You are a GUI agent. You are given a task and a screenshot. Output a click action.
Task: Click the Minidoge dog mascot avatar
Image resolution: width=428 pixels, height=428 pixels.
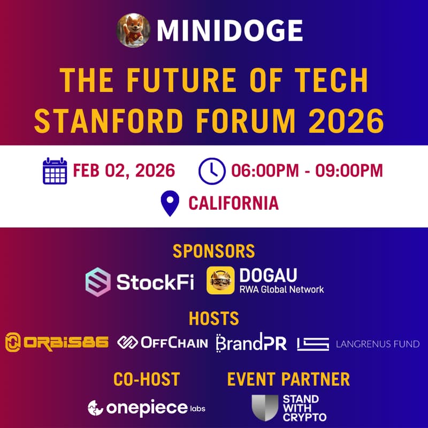click(134, 30)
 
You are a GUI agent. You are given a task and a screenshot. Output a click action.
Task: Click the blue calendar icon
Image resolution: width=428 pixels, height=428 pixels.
click(55, 171)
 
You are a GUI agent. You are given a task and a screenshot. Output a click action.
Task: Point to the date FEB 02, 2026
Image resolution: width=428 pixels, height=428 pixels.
click(124, 171)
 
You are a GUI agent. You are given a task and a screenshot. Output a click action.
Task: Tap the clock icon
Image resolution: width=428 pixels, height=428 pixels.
click(212, 171)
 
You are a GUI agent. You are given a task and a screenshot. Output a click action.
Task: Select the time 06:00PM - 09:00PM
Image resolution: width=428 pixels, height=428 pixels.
click(307, 171)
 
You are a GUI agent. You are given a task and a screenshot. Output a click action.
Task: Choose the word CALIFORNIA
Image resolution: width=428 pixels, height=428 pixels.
click(233, 204)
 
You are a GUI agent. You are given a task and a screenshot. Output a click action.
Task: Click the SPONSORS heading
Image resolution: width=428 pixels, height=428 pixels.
click(213, 251)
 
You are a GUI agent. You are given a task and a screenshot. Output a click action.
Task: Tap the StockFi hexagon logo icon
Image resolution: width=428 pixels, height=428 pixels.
click(98, 281)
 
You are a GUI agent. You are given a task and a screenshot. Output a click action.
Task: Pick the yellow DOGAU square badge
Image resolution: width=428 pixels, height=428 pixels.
click(220, 281)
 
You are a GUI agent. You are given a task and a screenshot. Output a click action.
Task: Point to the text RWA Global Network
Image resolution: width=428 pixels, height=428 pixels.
click(282, 289)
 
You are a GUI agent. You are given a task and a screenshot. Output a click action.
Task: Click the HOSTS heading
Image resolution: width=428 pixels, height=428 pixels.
click(213, 319)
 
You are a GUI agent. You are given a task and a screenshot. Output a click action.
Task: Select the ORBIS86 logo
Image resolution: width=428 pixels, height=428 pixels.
click(57, 343)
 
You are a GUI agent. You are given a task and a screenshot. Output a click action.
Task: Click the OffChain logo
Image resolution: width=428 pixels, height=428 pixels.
click(163, 342)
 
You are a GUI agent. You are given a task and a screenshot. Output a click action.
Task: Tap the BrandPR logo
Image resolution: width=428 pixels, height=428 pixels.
click(251, 342)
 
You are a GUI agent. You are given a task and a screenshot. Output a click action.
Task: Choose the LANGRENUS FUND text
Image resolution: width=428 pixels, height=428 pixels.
click(377, 344)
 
